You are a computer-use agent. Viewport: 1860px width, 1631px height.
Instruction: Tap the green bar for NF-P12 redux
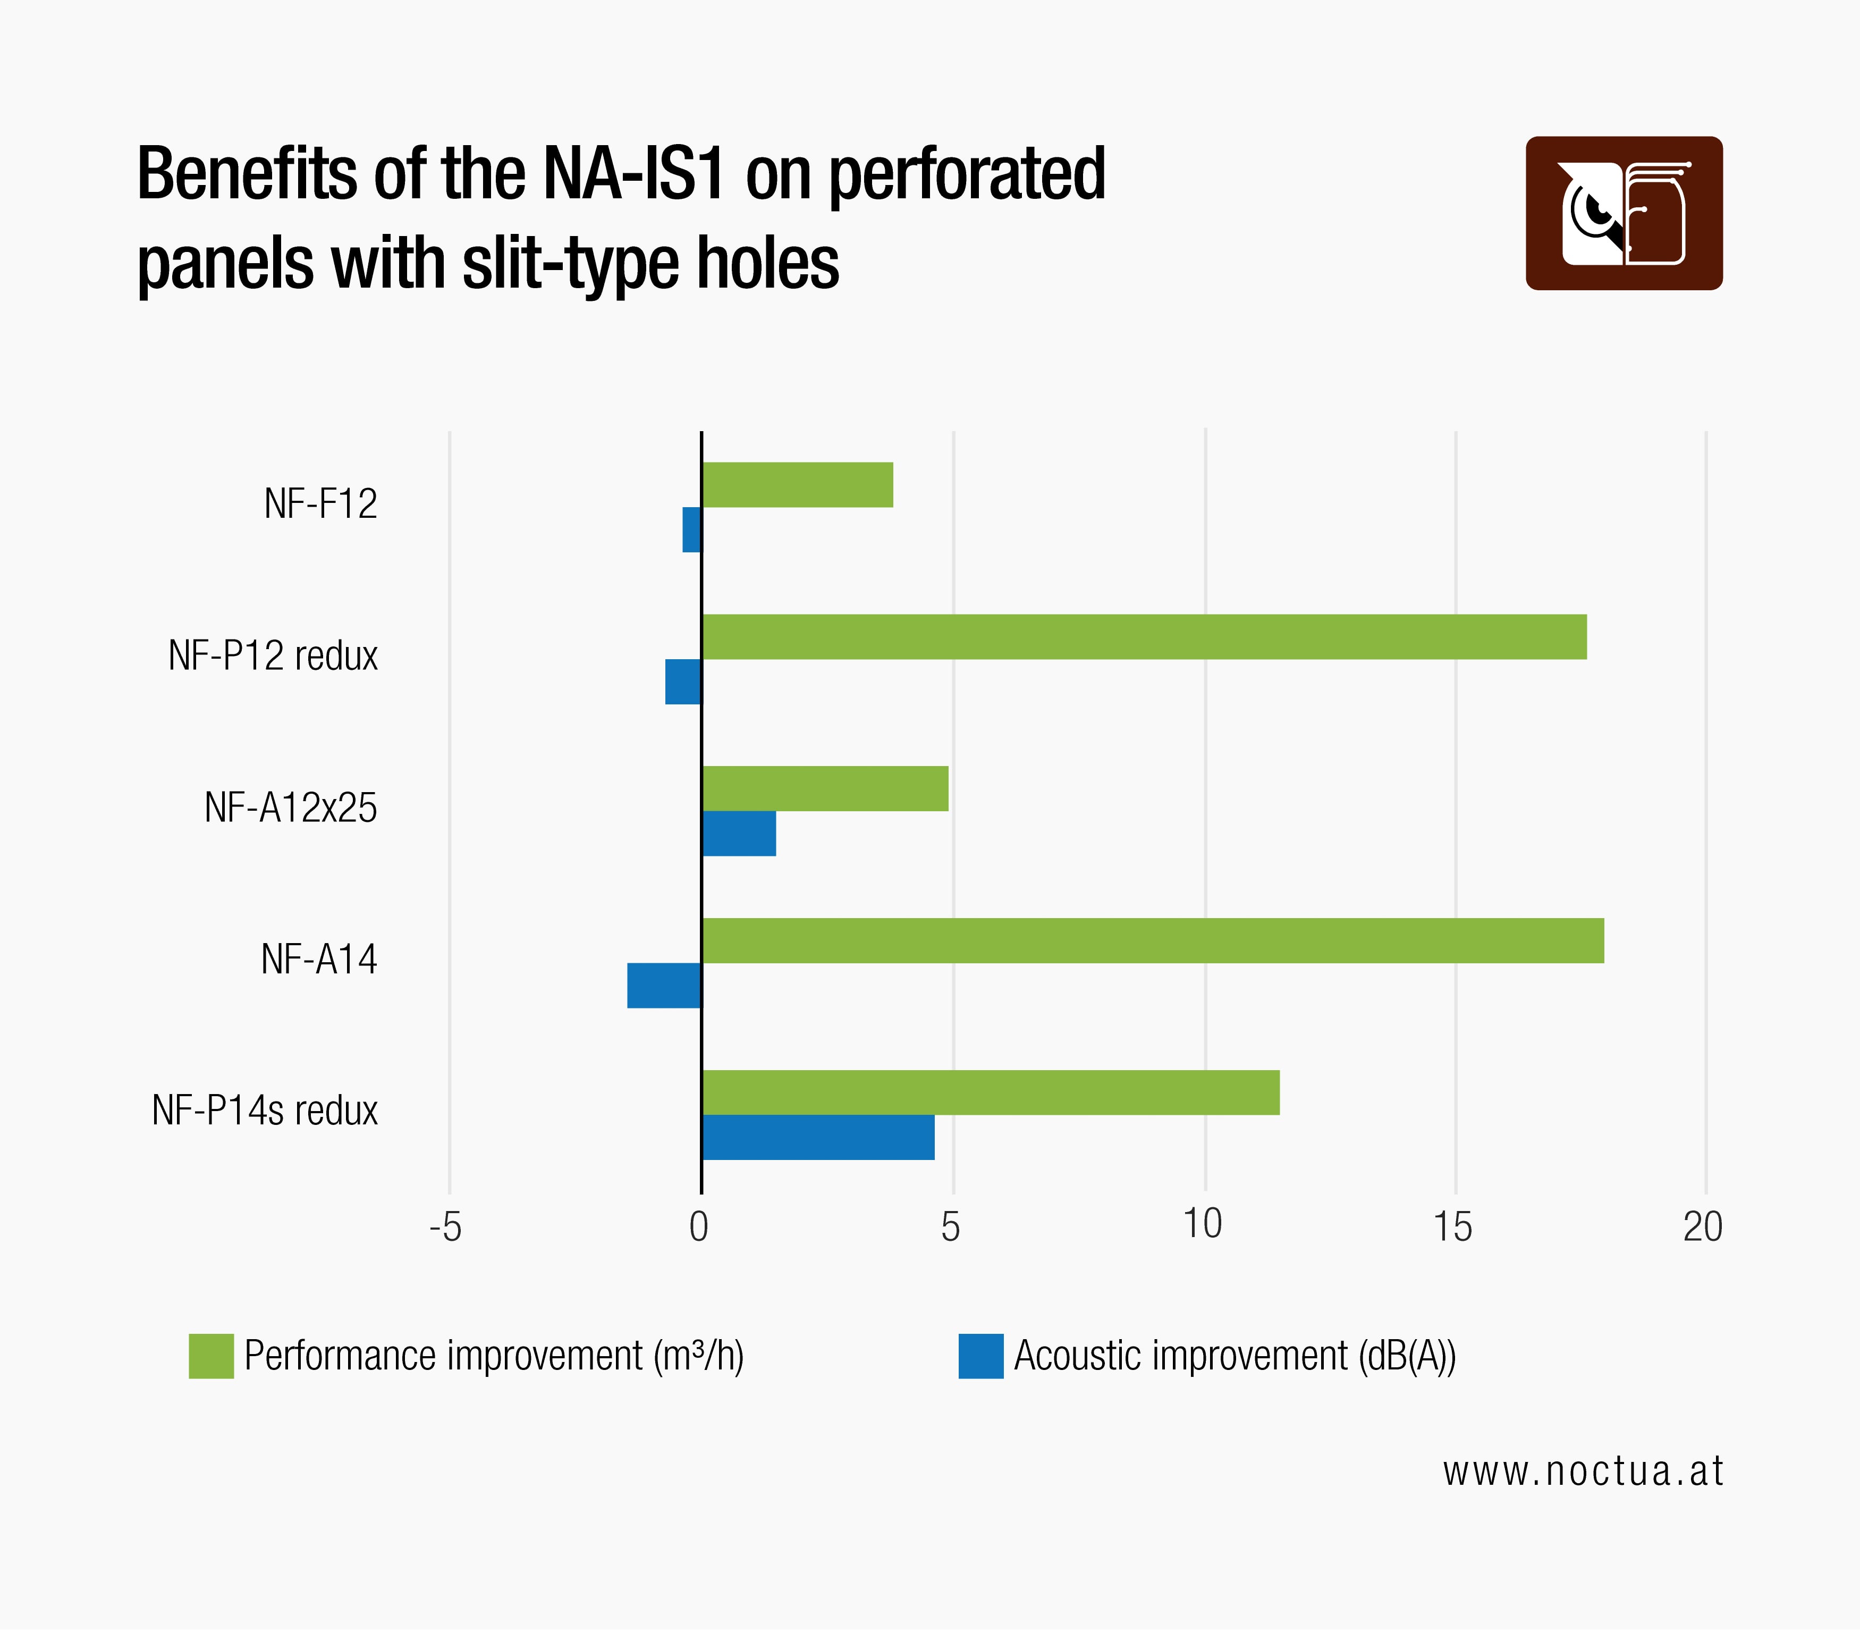click(1144, 636)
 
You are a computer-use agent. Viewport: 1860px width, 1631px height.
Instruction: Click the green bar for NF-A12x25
click(824, 788)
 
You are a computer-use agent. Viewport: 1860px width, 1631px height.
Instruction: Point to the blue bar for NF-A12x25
click(739, 834)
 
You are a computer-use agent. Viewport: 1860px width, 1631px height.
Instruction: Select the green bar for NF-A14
click(1152, 940)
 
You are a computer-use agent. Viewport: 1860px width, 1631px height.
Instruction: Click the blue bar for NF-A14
click(664, 986)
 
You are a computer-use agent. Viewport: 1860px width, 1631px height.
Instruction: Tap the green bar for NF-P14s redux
click(990, 1092)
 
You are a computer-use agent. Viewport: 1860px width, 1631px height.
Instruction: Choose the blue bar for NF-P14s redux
click(817, 1138)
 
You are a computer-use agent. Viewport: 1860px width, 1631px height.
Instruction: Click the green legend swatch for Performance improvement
click(211, 1356)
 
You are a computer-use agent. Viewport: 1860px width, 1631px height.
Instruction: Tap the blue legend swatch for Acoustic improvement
click(981, 1356)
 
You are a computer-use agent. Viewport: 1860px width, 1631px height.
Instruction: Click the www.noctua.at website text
click(1583, 1472)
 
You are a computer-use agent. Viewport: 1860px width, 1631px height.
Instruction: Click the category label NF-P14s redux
click(265, 1111)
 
